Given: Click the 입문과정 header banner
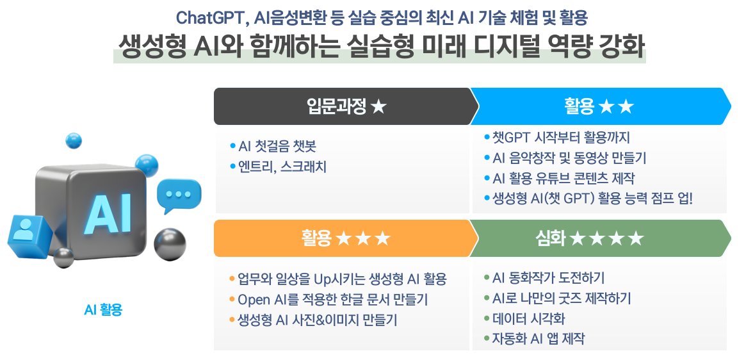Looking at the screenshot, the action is point(346,106).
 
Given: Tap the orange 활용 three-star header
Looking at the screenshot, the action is point(346,238).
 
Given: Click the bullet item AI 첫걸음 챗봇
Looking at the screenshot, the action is point(273,146).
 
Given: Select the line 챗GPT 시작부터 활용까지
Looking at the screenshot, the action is point(556,138).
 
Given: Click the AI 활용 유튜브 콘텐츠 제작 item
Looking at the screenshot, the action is point(559,178).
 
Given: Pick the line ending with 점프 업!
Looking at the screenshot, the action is point(588,198).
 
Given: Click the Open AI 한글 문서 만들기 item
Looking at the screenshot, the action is point(328,300).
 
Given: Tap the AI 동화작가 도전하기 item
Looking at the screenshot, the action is point(544,277).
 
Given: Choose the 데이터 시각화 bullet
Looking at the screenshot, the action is point(524,318).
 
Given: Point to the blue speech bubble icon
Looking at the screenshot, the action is point(179,196).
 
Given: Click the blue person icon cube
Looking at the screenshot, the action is point(29,236).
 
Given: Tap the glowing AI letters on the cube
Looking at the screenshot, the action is point(107,213).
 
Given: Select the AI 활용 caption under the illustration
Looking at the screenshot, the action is point(103,310).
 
